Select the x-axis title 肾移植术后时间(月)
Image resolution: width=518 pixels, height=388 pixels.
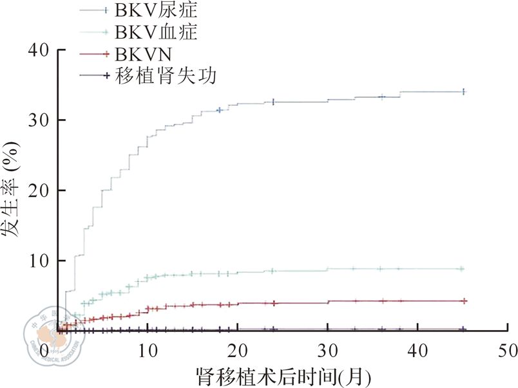click(283, 374)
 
